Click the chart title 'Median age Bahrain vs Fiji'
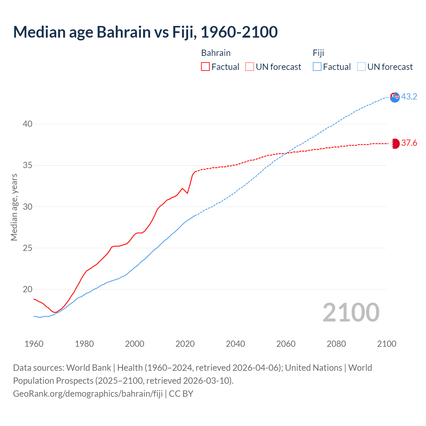[x=145, y=32]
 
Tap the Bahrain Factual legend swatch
[x=205, y=67]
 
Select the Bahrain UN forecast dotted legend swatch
[x=250, y=67]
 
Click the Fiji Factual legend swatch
[x=317, y=67]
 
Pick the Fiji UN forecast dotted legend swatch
[x=361, y=67]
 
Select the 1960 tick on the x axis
[x=34, y=343]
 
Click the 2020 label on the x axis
[x=185, y=343]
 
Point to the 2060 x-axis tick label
[x=286, y=343]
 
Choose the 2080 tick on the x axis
[x=336, y=343]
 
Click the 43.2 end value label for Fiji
[x=409, y=97]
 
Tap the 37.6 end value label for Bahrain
[x=409, y=143]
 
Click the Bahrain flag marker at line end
[x=395, y=143]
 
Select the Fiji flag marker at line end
[x=395, y=97]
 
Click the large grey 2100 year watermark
[x=351, y=313]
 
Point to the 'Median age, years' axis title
[x=14, y=207]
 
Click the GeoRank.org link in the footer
[x=88, y=393]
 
